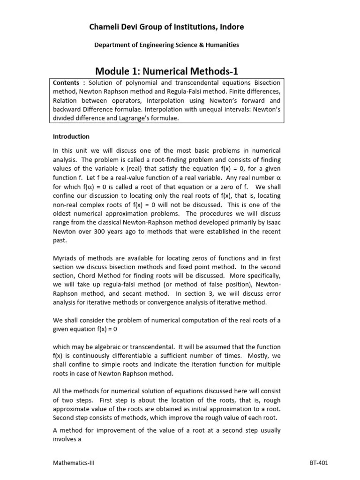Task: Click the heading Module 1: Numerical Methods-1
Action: click(167, 71)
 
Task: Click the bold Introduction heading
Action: click(71, 136)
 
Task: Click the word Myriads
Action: click(64, 258)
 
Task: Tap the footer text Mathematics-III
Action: click(74, 463)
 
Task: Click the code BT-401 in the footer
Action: click(318, 463)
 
